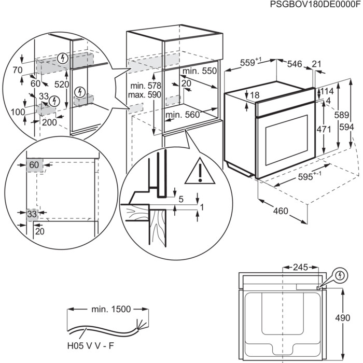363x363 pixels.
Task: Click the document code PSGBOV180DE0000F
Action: pos(314,5)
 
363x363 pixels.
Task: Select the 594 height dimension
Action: pos(352,127)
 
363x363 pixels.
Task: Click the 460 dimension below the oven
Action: pos(281,212)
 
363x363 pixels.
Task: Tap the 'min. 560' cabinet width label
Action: pos(183,115)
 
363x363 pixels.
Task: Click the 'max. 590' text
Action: pos(145,94)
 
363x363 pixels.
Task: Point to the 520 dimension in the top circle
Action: pos(62,83)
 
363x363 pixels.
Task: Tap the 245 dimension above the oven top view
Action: pos(299,268)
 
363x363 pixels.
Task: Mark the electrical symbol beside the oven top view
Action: pos(340,274)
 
